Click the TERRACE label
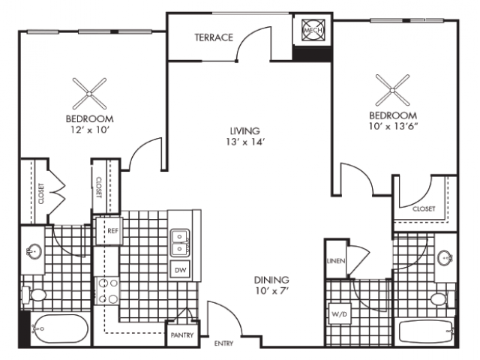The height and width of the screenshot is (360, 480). click(x=214, y=37)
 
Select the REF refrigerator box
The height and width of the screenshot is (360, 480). click(x=113, y=231)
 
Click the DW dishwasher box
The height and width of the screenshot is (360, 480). click(x=181, y=269)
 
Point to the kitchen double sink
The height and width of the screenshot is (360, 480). click(x=180, y=241)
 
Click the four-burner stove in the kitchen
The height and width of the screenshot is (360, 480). click(x=106, y=292)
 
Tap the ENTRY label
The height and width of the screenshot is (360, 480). click(x=223, y=344)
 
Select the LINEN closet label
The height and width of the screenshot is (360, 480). click(x=334, y=261)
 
